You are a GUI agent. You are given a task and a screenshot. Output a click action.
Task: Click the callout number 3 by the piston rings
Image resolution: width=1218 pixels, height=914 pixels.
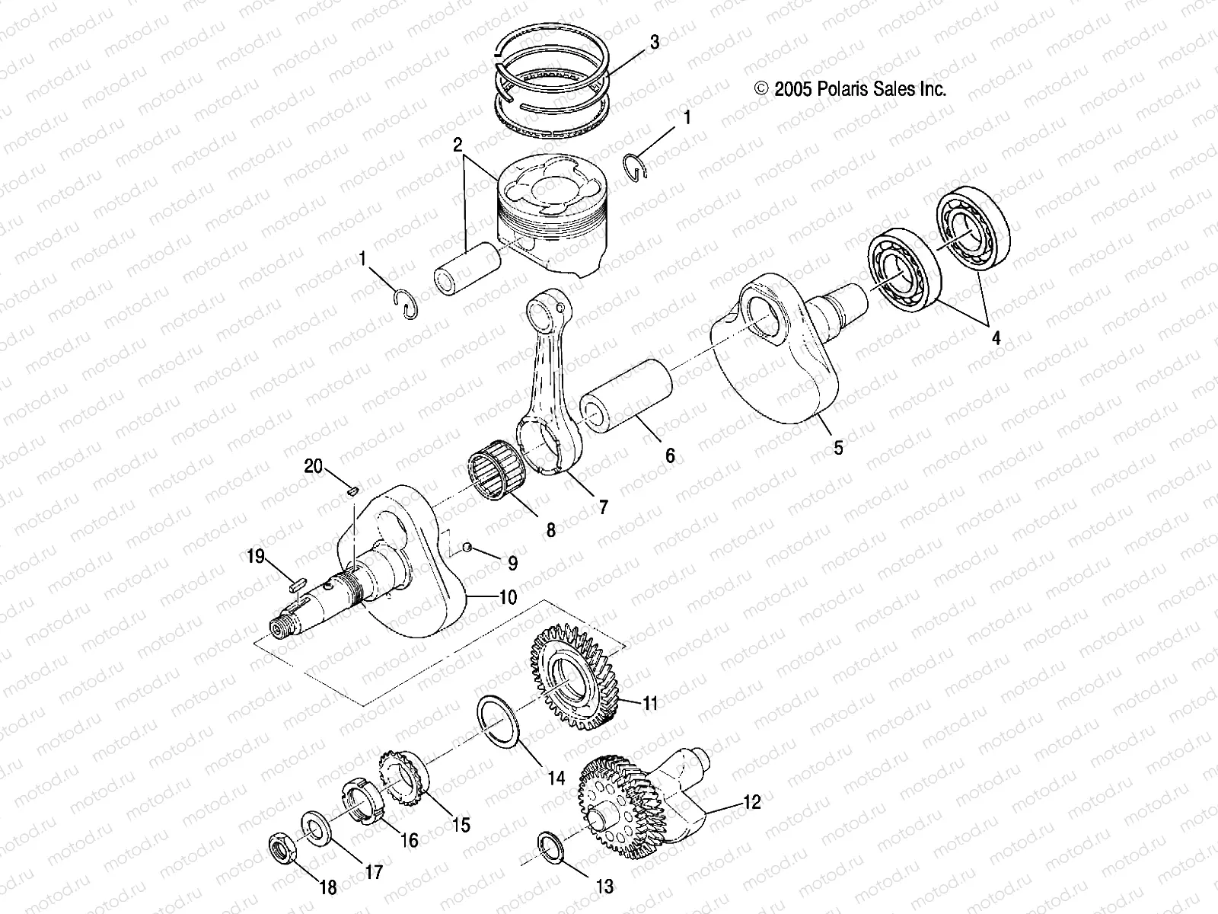coord(654,43)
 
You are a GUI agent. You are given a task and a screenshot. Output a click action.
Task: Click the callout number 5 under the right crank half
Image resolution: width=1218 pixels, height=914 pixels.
coord(838,448)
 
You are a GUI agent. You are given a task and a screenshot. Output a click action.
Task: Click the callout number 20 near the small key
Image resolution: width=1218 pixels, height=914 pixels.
coord(314,466)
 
